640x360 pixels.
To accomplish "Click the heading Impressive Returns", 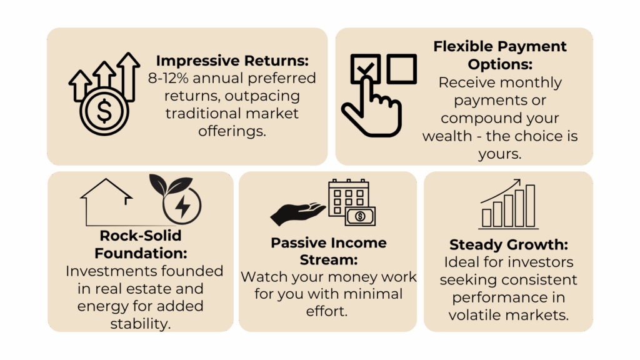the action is [232, 61].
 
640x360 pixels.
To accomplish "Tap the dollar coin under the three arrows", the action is [104, 111].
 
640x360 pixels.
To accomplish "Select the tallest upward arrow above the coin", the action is [128, 77].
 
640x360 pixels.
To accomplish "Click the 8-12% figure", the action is [168, 78].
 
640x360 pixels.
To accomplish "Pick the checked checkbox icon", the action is [365, 68].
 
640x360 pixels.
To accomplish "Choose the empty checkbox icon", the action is [402, 69].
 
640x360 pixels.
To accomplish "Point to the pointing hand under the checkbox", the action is [371, 108].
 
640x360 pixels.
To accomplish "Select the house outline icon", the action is [106, 202].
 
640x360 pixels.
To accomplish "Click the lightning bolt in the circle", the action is [182, 206].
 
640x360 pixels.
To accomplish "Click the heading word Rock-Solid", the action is [141, 236].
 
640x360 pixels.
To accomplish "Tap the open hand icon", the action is [298, 214].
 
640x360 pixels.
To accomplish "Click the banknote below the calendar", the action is [360, 216].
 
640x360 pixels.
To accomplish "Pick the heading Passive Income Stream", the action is [329, 251].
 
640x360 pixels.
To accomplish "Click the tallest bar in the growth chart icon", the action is [530, 206].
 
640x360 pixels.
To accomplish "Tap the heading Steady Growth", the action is [509, 244].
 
